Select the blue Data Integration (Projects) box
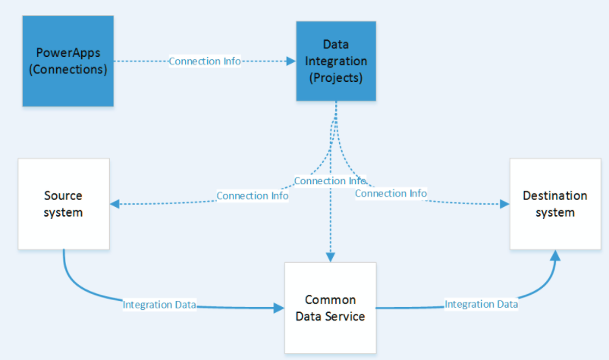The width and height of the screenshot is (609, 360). (335, 61)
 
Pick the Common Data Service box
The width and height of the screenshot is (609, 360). (330, 308)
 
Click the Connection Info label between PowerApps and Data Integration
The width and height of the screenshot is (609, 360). (205, 61)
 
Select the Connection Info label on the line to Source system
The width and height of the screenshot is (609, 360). (253, 196)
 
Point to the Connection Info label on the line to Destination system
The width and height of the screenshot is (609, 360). (391, 193)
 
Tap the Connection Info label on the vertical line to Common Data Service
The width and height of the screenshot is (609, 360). (330, 181)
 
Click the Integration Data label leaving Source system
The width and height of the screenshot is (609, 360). (159, 305)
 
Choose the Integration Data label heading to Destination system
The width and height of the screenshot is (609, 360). (481, 304)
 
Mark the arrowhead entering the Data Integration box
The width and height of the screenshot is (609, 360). (290, 61)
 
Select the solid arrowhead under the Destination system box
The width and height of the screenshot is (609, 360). (555, 255)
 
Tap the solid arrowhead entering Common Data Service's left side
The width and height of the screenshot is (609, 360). (278, 308)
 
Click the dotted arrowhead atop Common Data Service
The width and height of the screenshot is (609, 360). (330, 257)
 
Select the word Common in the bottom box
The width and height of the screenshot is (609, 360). (330, 300)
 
